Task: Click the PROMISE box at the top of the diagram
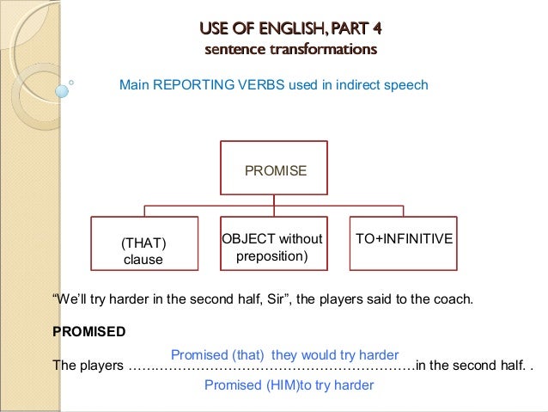pos(275,170)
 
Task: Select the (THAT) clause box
pos(143,250)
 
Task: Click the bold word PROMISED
pos(89,331)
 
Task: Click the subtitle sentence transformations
pos(290,49)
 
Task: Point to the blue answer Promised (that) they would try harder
pos(284,354)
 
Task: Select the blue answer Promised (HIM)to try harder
pos(289,385)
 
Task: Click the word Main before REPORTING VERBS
pos(134,85)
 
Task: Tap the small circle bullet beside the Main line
pos(71,83)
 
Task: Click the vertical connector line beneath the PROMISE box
pos(274,200)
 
